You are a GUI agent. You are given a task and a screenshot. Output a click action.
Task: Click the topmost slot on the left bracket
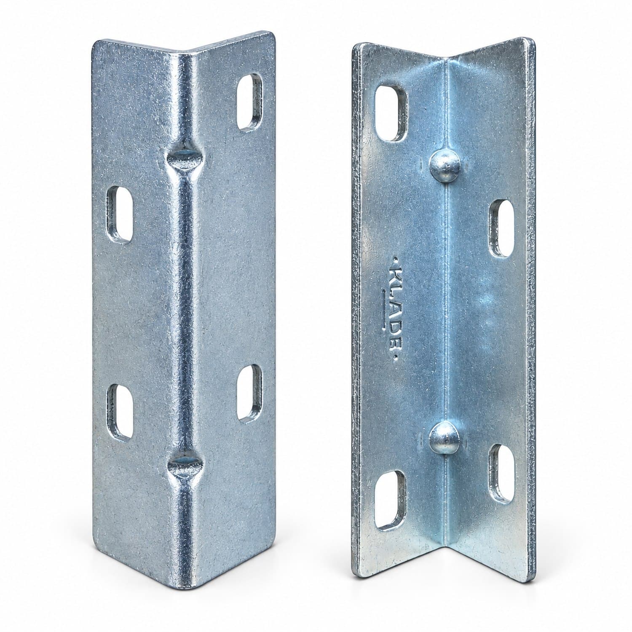pos(249,102)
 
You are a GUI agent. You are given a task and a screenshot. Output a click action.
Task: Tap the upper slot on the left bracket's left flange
pos(119,215)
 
